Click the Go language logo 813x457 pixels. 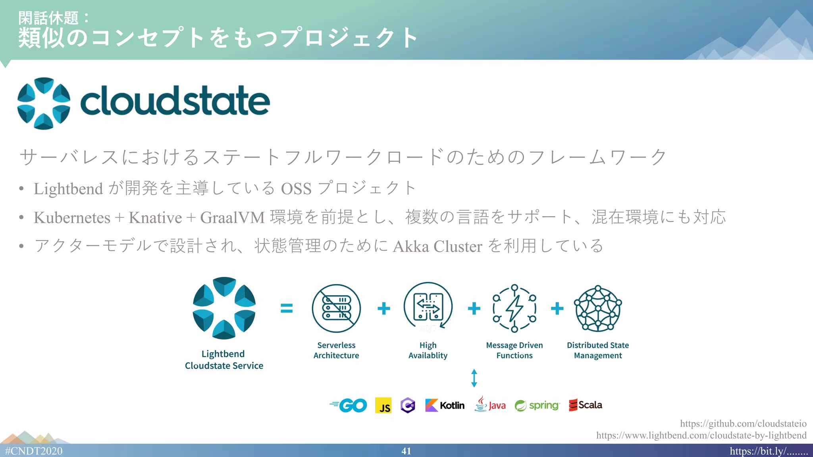click(x=349, y=405)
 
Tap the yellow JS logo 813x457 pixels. click(x=383, y=405)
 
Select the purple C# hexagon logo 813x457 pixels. click(x=408, y=405)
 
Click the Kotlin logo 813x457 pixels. click(x=445, y=405)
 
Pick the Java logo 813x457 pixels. click(x=490, y=405)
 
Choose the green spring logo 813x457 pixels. click(x=537, y=405)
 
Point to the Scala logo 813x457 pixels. click(x=586, y=405)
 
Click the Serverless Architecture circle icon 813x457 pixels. click(x=336, y=308)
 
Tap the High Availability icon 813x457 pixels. click(x=428, y=306)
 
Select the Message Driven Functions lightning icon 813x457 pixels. click(x=514, y=308)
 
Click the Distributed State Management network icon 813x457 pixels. click(x=598, y=308)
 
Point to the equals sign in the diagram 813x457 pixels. click(x=287, y=308)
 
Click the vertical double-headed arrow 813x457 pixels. click(x=474, y=378)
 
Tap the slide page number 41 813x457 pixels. click(x=406, y=451)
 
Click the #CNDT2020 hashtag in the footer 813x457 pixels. click(x=34, y=451)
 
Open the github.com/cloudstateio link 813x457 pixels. click(x=743, y=424)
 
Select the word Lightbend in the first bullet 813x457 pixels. click(x=68, y=189)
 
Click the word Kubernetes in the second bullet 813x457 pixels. click(x=72, y=218)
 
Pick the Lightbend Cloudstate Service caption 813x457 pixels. click(x=224, y=360)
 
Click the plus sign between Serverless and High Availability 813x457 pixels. click(x=383, y=308)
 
